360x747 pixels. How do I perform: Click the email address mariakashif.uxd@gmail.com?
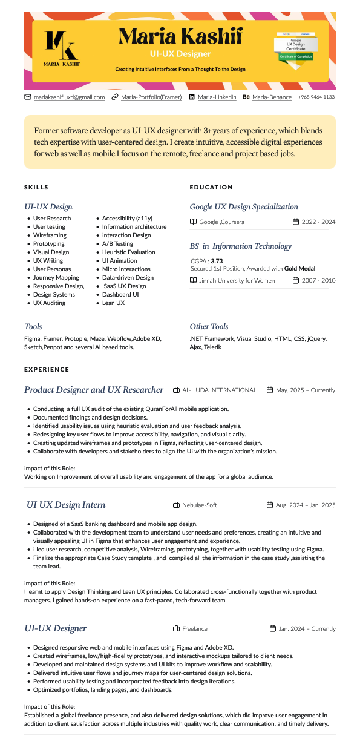click(x=69, y=97)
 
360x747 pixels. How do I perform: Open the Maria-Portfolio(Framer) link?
click(x=151, y=97)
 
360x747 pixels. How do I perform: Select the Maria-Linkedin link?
click(x=217, y=97)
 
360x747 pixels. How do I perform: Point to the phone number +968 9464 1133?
click(x=316, y=97)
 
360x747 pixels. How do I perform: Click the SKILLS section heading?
click(x=36, y=188)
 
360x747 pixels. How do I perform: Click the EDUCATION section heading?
click(x=211, y=188)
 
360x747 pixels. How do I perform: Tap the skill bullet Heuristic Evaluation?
click(x=128, y=252)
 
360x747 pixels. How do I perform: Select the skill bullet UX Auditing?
click(x=49, y=303)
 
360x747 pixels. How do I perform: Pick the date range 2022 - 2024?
click(x=318, y=222)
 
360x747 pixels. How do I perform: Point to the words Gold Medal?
click(x=299, y=268)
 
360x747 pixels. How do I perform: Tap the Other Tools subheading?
click(x=209, y=326)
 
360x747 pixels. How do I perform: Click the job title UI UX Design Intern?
click(x=66, y=505)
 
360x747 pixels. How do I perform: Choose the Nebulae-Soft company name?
click(x=200, y=505)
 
